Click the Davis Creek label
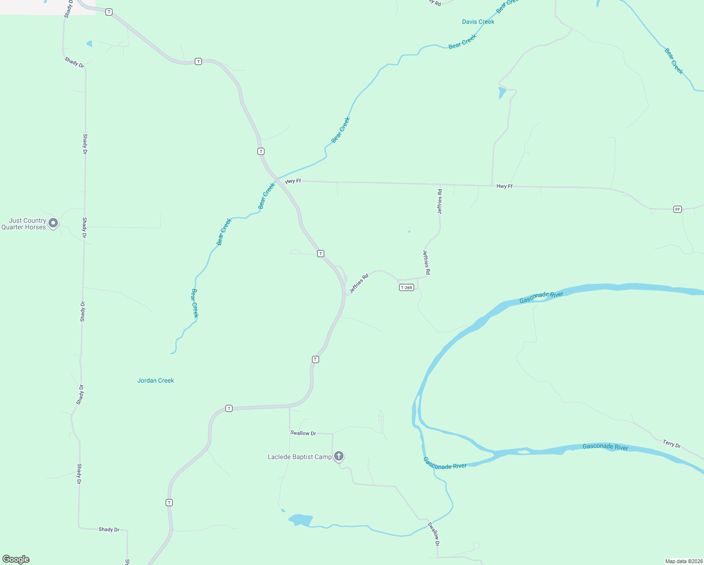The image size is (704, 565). (x=478, y=22)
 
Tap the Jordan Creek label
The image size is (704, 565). (x=155, y=380)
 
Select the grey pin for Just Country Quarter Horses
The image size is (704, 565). (x=53, y=223)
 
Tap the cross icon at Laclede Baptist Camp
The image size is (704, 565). (x=339, y=456)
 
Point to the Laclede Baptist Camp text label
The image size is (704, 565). (x=299, y=457)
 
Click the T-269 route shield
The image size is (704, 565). (x=406, y=287)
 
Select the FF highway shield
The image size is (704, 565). (x=677, y=209)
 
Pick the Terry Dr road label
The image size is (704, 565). (x=672, y=444)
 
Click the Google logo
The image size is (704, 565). (x=16, y=559)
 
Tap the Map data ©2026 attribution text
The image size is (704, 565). (x=683, y=561)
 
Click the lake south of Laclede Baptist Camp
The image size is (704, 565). (x=300, y=520)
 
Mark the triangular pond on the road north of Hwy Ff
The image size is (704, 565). (x=502, y=92)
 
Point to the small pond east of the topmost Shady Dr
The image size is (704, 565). (x=89, y=44)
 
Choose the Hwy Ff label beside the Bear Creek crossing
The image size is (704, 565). (x=293, y=181)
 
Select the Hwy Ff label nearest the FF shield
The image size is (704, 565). (x=504, y=186)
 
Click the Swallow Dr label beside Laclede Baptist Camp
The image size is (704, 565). (x=303, y=433)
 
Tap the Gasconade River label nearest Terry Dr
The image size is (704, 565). (x=605, y=447)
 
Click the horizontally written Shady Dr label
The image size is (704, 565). (x=109, y=529)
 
